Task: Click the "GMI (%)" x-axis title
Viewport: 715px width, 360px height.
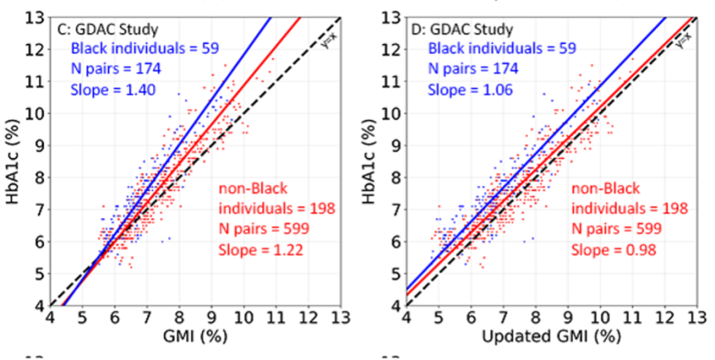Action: (195, 338)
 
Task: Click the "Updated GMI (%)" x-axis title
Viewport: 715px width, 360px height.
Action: (550, 338)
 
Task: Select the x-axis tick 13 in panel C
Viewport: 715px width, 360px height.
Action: (340, 318)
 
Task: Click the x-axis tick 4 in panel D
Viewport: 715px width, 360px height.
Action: (407, 318)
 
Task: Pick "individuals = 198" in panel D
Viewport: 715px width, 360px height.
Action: (629, 208)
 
